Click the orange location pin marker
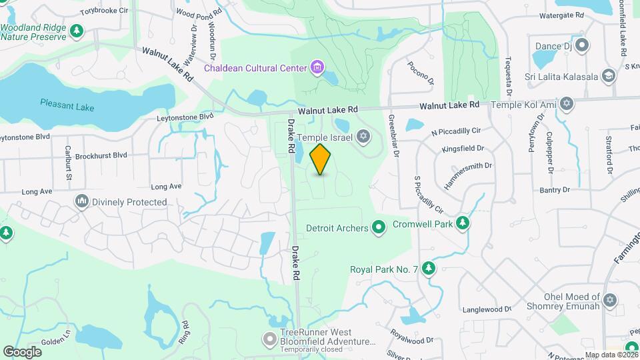click(x=321, y=159)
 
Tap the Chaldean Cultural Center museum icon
click(x=317, y=67)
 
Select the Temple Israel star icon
click(x=363, y=137)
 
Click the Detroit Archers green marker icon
click(x=379, y=228)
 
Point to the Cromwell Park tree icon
click(x=462, y=225)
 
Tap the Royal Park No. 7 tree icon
click(x=429, y=269)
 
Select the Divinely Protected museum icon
click(x=82, y=201)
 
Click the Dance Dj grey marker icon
click(x=582, y=46)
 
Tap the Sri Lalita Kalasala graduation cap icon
click(x=607, y=76)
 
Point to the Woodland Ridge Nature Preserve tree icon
click(x=77, y=31)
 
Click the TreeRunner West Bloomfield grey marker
click(x=269, y=339)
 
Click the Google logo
click(x=23, y=351)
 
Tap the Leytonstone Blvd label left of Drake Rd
click(x=185, y=117)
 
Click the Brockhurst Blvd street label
click(x=101, y=155)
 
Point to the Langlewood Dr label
click(x=486, y=309)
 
